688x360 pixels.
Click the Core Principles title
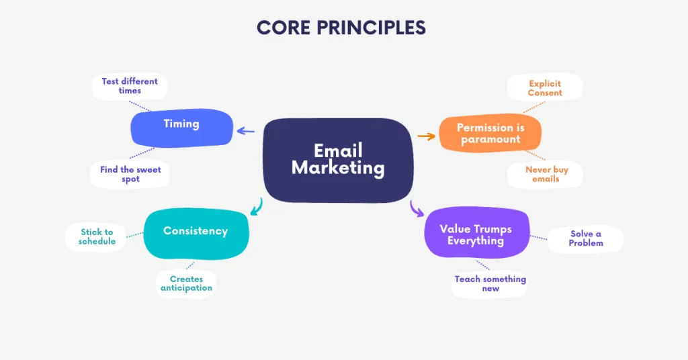coord(341,28)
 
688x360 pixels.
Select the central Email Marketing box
coord(338,159)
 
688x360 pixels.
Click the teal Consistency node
coord(196,233)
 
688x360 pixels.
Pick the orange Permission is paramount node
coord(490,133)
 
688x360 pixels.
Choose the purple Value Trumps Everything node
coord(476,234)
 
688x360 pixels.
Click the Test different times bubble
coord(130,86)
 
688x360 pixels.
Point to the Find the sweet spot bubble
coord(130,175)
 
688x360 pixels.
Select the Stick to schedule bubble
coord(97,236)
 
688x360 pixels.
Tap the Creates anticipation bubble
coord(186,283)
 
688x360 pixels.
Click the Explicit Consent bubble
coord(545,88)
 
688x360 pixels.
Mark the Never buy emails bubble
coord(546,175)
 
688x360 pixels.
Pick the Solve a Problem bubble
coord(586,238)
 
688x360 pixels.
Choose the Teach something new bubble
coord(490,283)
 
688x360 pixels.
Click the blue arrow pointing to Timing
coord(246,132)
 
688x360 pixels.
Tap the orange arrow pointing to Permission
coord(427,136)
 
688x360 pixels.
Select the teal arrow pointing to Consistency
coord(256,207)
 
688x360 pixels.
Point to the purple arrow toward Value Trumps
coord(417,209)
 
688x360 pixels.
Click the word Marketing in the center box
coord(338,168)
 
